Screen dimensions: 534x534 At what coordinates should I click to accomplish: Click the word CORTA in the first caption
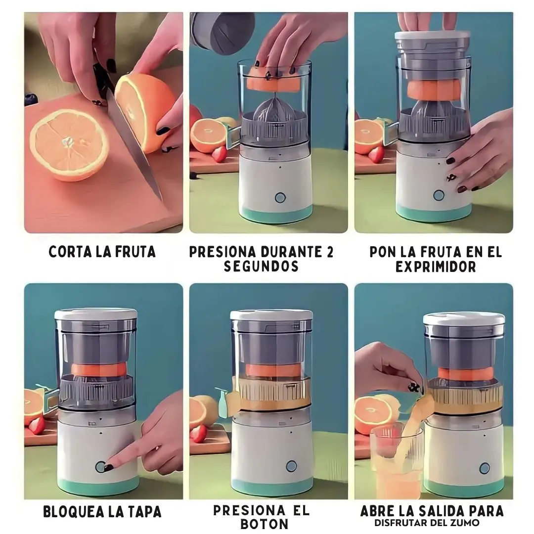[71, 252]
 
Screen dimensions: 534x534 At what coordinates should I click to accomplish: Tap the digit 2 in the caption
[329, 252]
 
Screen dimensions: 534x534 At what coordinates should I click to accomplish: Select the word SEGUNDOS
[261, 266]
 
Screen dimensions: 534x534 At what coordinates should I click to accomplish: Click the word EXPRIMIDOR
[436, 267]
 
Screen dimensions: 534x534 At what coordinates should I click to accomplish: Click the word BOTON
[264, 524]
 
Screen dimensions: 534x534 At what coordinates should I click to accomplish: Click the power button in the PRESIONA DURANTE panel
[280, 197]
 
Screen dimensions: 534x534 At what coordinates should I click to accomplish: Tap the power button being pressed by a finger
[100, 467]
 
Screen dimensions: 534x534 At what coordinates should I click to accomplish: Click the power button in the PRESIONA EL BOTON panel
[291, 466]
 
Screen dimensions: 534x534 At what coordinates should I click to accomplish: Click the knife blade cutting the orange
[134, 143]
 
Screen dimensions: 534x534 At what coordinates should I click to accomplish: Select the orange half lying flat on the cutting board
[69, 145]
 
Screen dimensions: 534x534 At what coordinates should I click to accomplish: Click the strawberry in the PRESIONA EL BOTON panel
[198, 433]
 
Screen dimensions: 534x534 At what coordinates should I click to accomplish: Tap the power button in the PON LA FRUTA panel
[439, 195]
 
